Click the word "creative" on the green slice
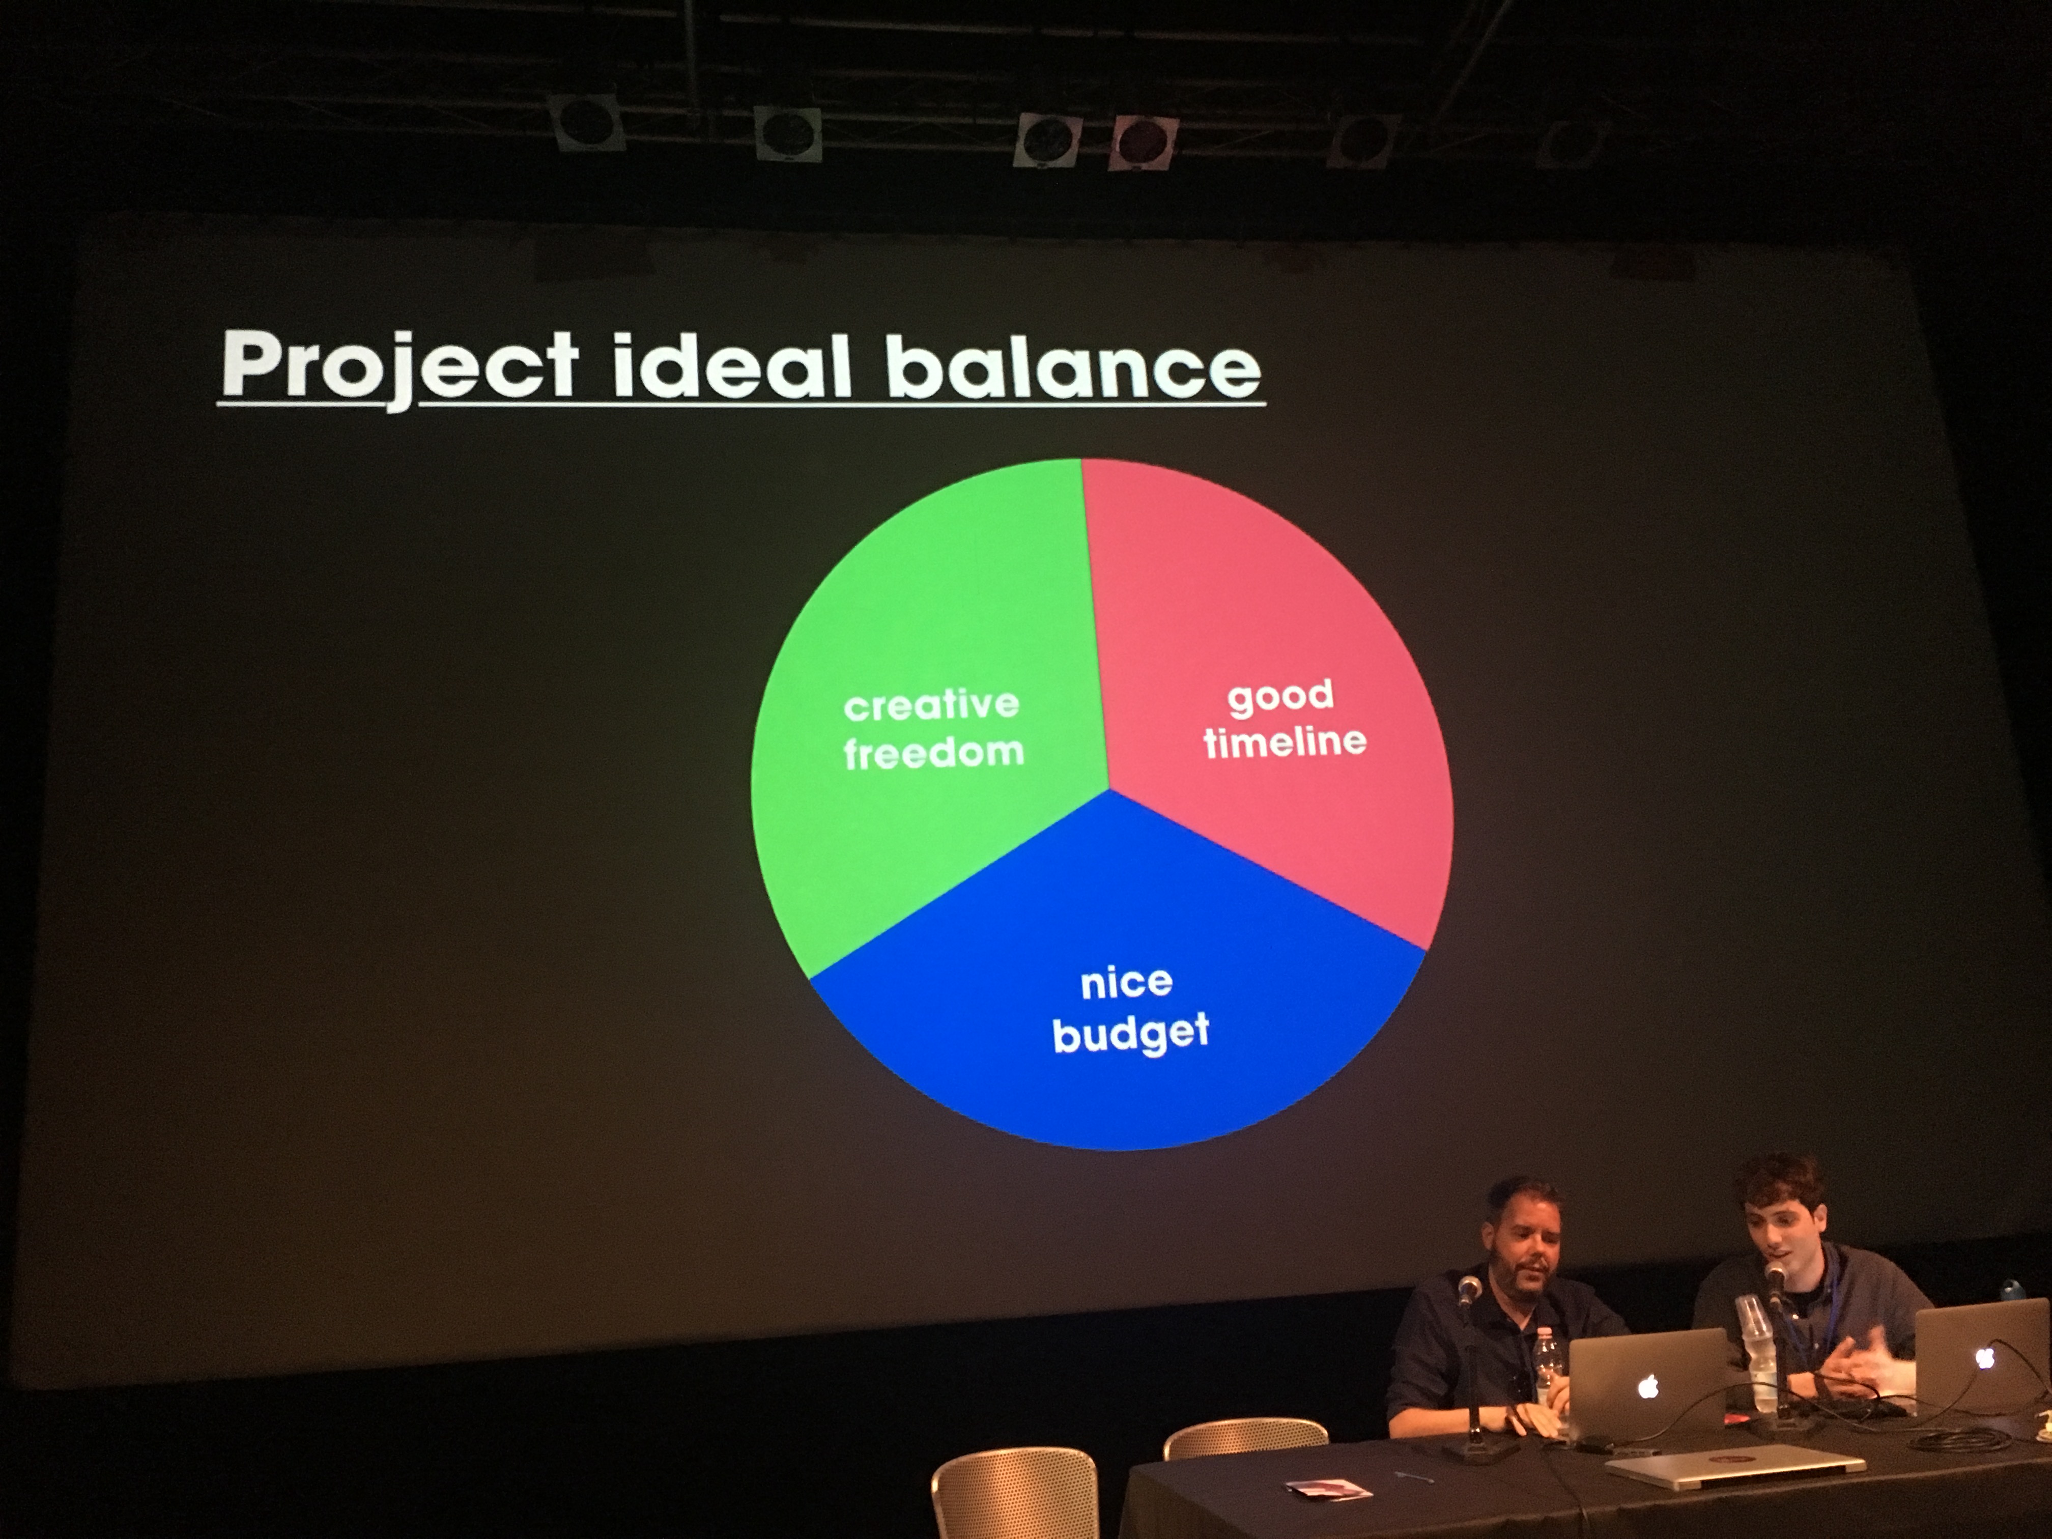[931, 705]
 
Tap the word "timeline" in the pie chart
[1285, 740]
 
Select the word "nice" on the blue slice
[1126, 982]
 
